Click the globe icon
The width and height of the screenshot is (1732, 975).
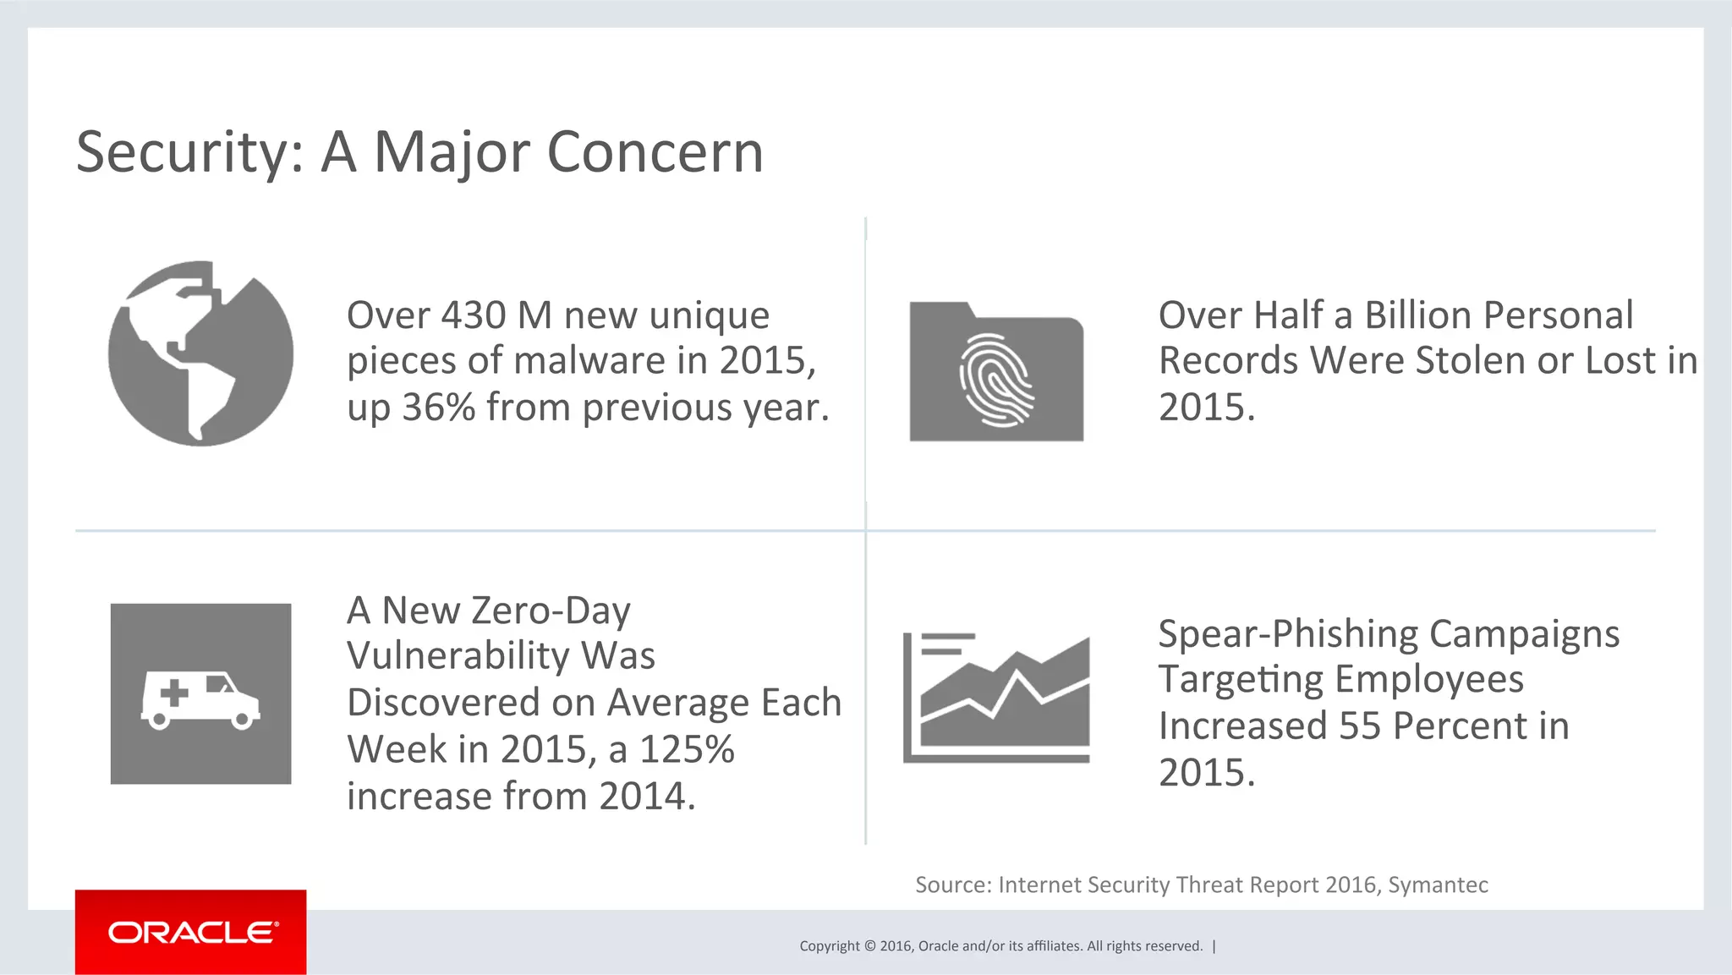click(x=200, y=353)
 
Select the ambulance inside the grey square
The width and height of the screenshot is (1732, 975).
click(x=200, y=699)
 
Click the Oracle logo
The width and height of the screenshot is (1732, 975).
click(x=191, y=933)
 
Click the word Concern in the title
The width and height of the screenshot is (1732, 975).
click(x=655, y=153)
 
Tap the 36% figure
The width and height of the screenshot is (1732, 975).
click(x=438, y=408)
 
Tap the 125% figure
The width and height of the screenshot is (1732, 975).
click(x=687, y=749)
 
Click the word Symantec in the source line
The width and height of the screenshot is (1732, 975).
click(x=1438, y=885)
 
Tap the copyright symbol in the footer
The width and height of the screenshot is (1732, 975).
click(x=870, y=946)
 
